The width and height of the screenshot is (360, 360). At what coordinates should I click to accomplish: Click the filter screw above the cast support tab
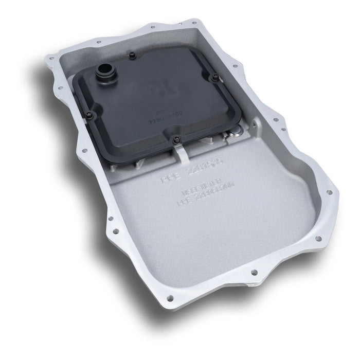[x=176, y=137]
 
